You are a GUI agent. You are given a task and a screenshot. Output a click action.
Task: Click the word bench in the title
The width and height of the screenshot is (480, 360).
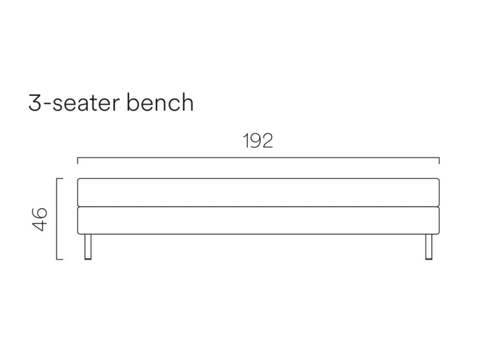coord(160,102)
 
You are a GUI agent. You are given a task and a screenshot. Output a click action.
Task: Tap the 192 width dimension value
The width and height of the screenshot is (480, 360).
coord(258,141)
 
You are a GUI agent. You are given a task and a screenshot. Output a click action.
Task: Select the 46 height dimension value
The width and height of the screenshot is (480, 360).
coord(40,219)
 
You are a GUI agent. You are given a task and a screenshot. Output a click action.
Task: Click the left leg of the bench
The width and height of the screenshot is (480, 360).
coord(88,247)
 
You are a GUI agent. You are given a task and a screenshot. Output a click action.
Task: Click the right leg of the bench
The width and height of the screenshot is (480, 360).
coord(429,247)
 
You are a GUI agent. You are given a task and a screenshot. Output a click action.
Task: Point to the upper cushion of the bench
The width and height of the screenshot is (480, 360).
coord(259,193)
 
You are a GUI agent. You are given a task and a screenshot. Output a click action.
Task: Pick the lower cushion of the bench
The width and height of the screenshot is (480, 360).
coord(259,221)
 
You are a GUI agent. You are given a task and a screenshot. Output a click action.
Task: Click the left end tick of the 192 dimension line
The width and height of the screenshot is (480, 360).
coord(78,161)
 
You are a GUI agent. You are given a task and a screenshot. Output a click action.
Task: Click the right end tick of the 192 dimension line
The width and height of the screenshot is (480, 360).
coord(439,161)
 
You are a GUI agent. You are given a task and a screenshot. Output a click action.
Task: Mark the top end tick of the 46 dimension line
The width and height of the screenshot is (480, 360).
coord(59,178)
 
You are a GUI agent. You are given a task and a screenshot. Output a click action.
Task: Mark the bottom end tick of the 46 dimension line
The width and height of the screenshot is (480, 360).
coord(59,259)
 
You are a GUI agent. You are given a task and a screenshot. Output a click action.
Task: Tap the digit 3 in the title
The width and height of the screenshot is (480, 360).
coord(35,103)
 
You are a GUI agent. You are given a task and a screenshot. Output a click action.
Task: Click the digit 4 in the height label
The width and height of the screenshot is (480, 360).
coord(40,226)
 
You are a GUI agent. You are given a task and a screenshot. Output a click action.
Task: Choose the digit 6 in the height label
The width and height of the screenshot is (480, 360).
coord(40,214)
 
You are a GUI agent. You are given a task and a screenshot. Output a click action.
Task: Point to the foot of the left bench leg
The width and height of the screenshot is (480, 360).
coord(88,259)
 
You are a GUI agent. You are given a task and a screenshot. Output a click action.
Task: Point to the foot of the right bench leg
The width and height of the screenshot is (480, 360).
coord(429,259)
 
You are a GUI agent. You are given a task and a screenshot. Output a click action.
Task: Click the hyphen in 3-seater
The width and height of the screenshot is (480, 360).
coord(47,104)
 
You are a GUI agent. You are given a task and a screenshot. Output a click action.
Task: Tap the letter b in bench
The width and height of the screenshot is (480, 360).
coord(133,102)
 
